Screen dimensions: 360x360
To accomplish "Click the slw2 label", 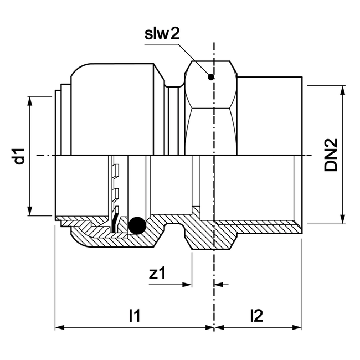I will click(162, 34).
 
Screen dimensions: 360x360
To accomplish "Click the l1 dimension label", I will click(133, 316).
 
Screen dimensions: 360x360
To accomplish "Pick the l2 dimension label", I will click(256, 316).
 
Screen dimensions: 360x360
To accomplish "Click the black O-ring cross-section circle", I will click(136, 225).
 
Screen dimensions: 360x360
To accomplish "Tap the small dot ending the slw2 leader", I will click(210, 77).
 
